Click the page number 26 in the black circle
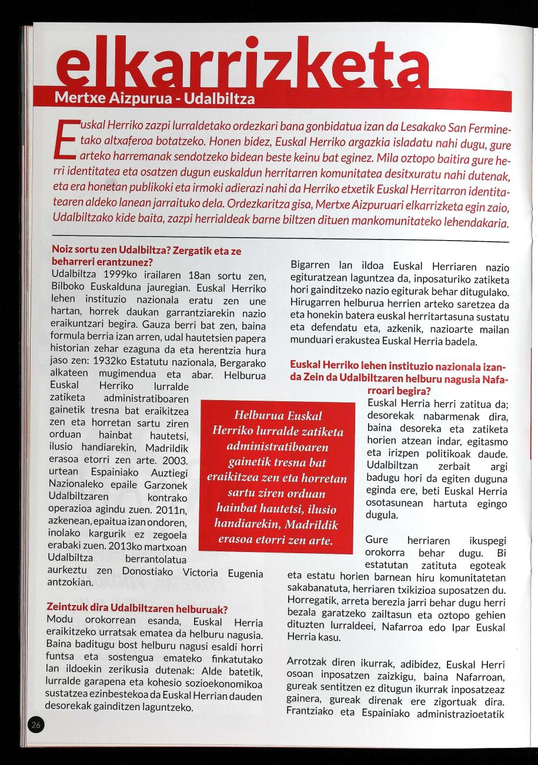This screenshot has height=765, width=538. coord(36,726)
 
